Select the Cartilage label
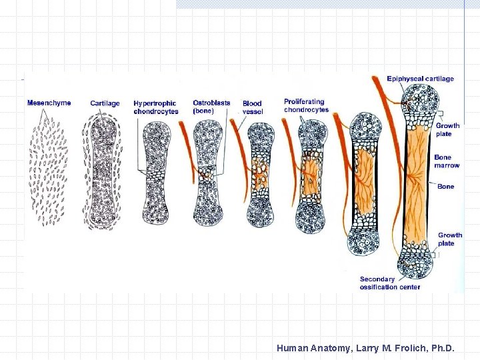coord(105,103)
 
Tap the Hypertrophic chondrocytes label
coord(155,107)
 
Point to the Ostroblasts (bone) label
coord(211,107)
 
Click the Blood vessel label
coord(253,107)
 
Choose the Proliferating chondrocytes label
coord(306,105)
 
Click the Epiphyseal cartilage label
coord(420,79)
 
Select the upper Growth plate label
coord(447,129)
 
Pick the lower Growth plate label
coord(449,239)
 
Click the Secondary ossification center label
coord(389,283)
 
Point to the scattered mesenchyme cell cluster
coord(49,167)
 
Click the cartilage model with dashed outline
coord(102,170)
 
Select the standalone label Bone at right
coord(445,187)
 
